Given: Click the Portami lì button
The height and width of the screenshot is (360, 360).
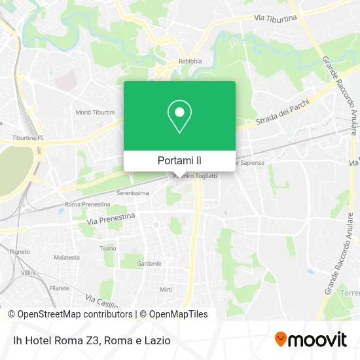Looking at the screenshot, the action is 179,160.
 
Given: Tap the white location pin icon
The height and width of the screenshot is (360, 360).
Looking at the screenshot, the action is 179,117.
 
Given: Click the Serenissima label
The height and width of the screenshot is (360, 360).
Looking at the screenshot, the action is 133,193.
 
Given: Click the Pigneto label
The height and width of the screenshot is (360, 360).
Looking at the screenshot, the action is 20,251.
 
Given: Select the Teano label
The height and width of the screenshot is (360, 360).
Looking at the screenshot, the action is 107,248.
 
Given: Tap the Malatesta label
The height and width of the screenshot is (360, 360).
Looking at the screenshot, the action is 67,258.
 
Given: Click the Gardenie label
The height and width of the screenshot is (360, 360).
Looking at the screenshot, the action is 149,264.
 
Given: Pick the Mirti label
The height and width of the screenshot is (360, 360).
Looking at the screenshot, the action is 166,289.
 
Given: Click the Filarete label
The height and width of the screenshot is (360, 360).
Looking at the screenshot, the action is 60,287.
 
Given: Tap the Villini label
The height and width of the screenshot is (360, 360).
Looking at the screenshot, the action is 27,272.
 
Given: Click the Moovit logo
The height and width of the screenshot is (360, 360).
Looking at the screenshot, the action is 310,339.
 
